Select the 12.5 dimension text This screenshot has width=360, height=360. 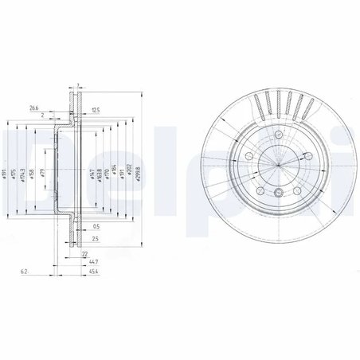pos(96,109)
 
